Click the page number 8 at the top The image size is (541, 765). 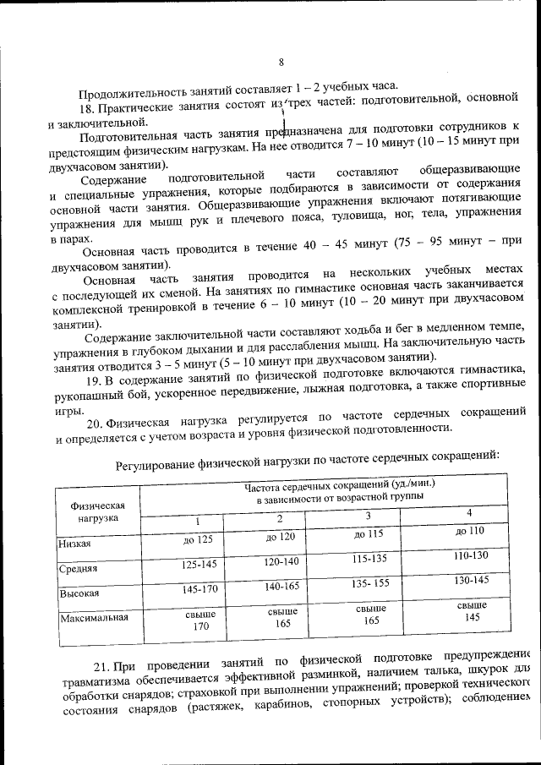(281, 61)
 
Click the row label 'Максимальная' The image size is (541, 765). (95, 617)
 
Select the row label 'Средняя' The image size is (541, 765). (78, 569)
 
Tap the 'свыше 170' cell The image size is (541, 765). (200, 620)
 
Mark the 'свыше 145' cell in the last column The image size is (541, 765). (471, 611)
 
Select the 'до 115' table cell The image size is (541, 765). (369, 533)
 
